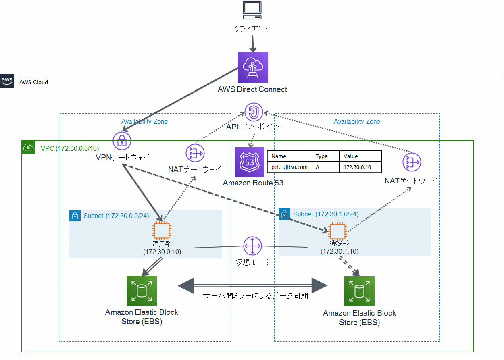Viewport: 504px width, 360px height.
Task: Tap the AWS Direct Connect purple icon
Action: coord(253,67)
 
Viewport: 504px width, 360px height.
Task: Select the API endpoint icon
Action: coord(254,112)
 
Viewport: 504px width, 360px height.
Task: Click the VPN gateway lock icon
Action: coord(122,141)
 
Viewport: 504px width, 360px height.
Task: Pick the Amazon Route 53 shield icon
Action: coord(250,162)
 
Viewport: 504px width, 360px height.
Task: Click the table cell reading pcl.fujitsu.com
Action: coord(289,167)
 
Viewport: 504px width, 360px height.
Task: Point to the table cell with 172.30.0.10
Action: coord(357,167)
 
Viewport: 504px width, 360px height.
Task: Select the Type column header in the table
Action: coord(322,156)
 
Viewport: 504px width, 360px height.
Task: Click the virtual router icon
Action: coord(253,246)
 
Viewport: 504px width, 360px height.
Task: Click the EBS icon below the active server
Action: coord(142,291)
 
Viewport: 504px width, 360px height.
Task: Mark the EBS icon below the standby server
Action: coord(359,291)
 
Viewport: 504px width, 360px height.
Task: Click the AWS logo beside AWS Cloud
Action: coord(7,81)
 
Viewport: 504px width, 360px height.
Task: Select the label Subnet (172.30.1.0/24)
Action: coord(326,214)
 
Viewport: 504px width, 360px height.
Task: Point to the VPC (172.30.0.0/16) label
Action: coord(69,148)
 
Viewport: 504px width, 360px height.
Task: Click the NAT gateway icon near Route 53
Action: coord(195,153)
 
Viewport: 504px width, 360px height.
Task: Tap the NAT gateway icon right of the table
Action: coord(412,163)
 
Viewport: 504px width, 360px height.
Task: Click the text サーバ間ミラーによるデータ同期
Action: coord(256,296)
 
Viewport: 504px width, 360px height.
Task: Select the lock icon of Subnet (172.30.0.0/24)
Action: coord(75,216)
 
